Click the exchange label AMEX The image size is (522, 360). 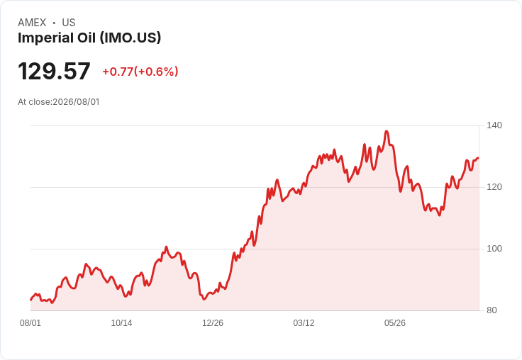32,23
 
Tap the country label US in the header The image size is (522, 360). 69,23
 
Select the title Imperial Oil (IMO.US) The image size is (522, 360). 89,38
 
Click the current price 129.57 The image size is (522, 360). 54,71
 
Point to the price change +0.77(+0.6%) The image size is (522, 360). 140,72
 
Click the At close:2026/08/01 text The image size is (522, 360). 59,102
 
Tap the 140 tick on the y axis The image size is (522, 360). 494,125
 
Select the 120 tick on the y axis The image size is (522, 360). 494,187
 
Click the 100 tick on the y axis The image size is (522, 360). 494,249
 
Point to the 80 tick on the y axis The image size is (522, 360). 492,310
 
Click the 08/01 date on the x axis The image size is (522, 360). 30,323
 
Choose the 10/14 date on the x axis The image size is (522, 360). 121,323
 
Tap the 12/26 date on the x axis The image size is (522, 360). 213,323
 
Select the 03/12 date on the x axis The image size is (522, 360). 304,323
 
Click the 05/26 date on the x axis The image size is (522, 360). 395,323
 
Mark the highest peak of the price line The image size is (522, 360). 386,131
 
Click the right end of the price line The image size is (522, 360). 479,158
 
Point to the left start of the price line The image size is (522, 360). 31,300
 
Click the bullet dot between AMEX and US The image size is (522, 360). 54,23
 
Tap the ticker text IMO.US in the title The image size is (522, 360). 130,38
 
